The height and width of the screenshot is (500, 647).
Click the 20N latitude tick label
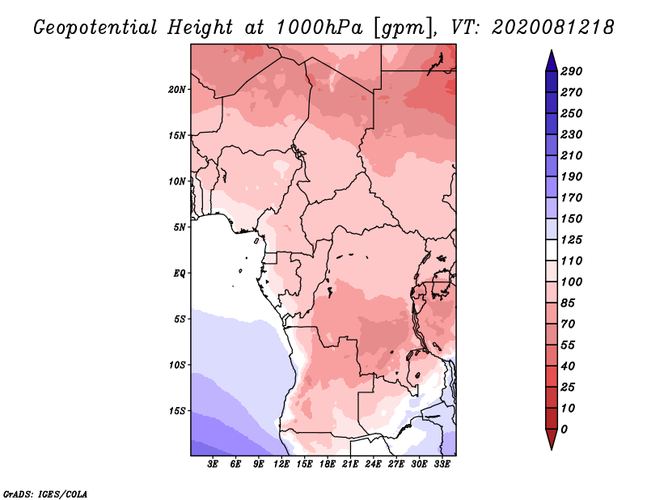177,90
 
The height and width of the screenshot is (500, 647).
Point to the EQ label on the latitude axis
180,273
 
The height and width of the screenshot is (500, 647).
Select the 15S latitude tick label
177,411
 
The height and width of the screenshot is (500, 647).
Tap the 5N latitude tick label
180,227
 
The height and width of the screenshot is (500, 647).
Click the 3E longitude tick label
213,464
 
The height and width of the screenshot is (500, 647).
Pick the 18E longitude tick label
328,464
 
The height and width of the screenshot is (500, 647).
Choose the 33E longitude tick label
442,464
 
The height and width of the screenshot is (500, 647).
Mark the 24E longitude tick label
373,464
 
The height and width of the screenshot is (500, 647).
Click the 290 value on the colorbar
571,71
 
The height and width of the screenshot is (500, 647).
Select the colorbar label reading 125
571,239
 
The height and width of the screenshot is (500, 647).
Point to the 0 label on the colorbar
564,430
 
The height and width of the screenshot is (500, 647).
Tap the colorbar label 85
568,303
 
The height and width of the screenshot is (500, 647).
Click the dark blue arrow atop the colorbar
552,61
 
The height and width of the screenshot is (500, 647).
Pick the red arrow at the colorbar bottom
552,439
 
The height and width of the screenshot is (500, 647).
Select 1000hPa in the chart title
319,28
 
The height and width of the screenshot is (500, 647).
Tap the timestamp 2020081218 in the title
553,28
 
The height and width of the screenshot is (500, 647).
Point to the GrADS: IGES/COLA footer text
45,494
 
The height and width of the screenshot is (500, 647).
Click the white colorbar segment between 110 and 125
552,250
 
